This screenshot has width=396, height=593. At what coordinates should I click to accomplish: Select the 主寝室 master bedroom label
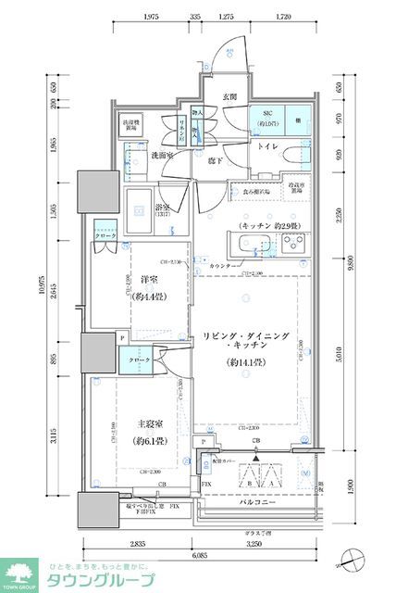click(146, 421)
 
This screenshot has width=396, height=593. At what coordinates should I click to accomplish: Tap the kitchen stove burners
click(295, 244)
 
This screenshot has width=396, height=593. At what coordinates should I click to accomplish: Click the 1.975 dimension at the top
click(153, 17)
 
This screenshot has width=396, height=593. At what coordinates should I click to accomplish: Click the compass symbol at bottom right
click(353, 558)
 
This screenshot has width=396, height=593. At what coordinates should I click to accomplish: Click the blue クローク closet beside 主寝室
click(139, 360)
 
